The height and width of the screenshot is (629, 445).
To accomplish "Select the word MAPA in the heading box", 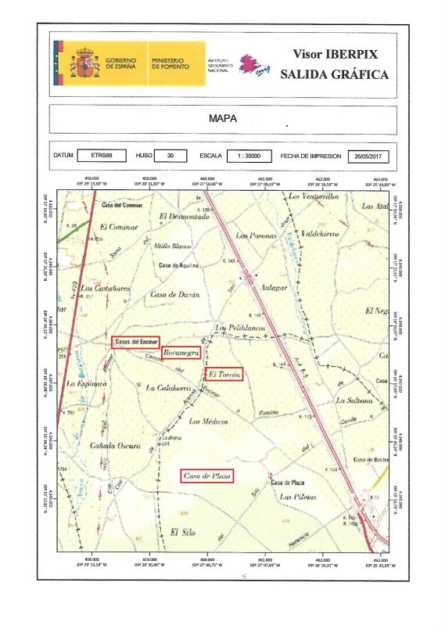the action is coord(223,119).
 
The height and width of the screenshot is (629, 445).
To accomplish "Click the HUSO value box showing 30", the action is coord(170,156).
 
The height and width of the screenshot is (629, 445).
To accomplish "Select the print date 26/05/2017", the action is coord(368,156).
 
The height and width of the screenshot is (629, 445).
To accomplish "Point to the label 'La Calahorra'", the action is coord(165,387).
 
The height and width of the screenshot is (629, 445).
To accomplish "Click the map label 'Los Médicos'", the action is coord(209,421).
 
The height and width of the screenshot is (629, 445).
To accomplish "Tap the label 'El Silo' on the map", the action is coord(181,533).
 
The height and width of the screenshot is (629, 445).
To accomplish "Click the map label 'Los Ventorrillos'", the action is coord(313,197).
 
